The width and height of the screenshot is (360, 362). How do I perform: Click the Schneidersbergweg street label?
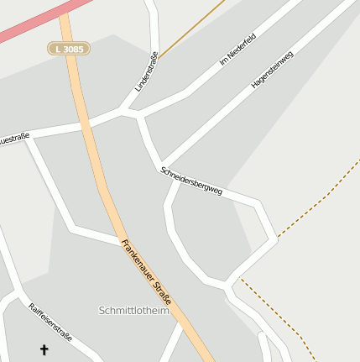pos(190,181)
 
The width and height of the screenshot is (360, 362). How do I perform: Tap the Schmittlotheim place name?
pos(133,310)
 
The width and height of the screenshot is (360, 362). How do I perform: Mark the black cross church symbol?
pos(44,349)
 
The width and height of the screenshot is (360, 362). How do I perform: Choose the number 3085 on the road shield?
pos(73,50)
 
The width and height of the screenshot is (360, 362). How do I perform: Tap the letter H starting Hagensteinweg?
pos(253,86)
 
